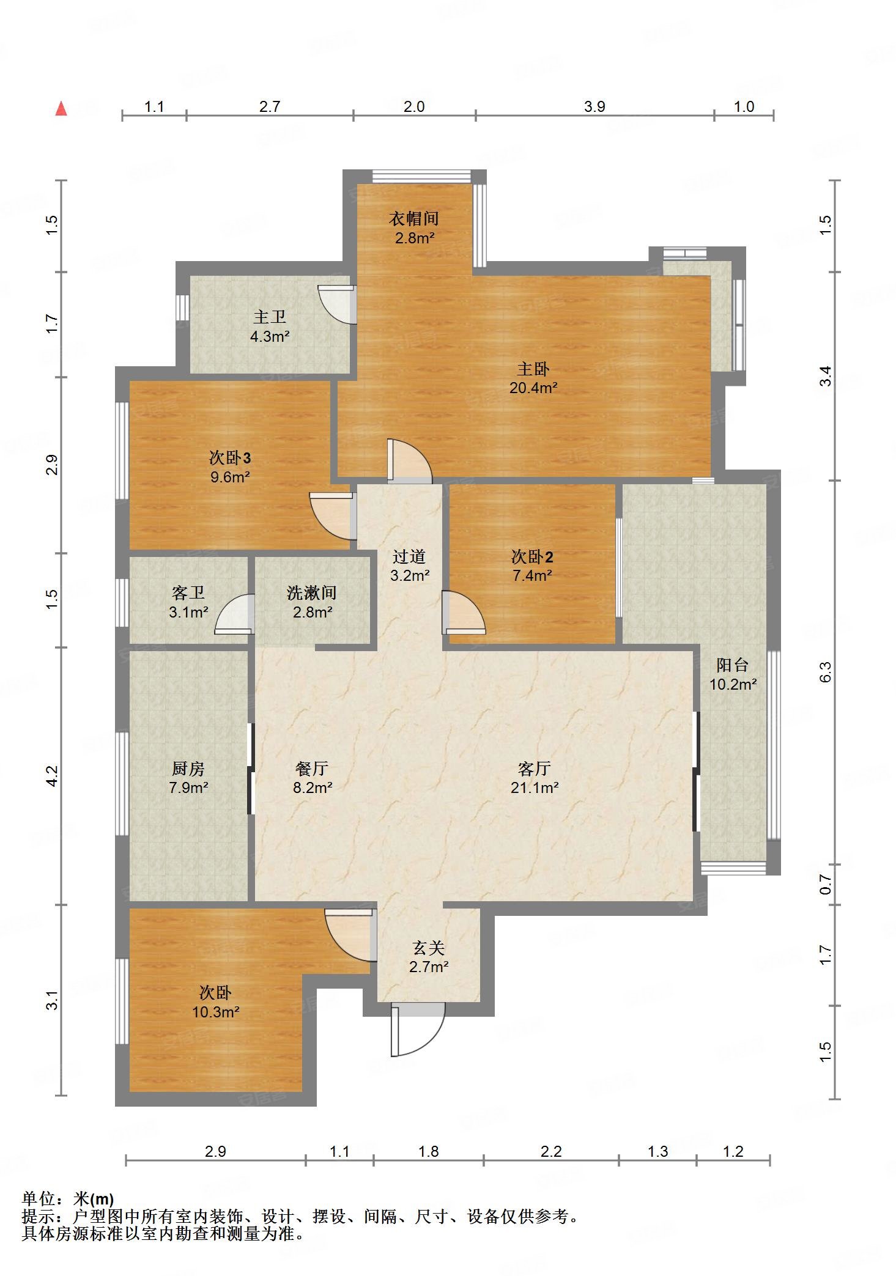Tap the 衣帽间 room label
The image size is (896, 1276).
pyautogui.click(x=414, y=218)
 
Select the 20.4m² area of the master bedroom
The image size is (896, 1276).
pyautogui.click(x=533, y=387)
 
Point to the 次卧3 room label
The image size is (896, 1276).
pyautogui.click(x=230, y=457)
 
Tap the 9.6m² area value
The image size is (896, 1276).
pyautogui.click(x=230, y=477)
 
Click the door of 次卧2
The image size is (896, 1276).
pyautogui.click(x=463, y=612)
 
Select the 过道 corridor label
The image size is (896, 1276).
pyautogui.click(x=409, y=556)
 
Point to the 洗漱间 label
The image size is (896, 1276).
pyautogui.click(x=312, y=592)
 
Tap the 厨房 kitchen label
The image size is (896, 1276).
pyautogui.click(x=188, y=768)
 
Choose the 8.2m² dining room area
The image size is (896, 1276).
pyautogui.click(x=313, y=787)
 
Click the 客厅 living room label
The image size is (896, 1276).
pyautogui.click(x=535, y=768)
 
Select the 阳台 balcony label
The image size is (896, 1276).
pyautogui.click(x=733, y=665)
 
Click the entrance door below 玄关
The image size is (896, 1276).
pyautogui.click(x=418, y=1030)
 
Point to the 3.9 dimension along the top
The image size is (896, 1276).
pyautogui.click(x=594, y=107)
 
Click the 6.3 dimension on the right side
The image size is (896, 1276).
pyautogui.click(x=826, y=673)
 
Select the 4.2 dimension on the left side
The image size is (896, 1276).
pyautogui.click(x=52, y=776)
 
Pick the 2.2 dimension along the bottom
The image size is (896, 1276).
pyautogui.click(x=551, y=1152)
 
